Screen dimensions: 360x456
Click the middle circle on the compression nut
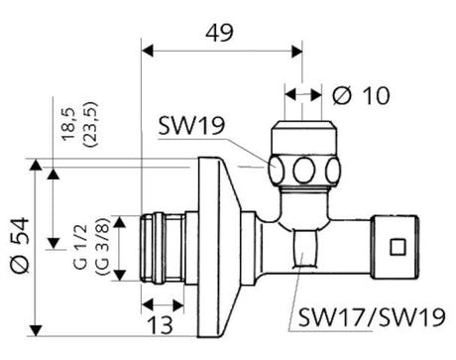(x=301, y=168)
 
